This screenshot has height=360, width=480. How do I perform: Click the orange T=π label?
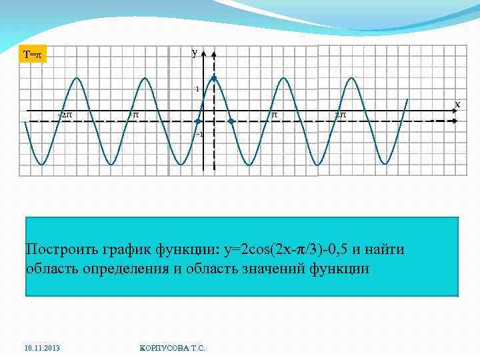point(32,55)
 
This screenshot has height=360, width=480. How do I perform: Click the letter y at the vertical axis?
point(194,52)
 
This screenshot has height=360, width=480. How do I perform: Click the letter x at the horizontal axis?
point(457,104)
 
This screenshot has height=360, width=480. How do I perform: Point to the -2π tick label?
point(65,115)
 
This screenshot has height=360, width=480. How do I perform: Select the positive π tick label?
point(273,115)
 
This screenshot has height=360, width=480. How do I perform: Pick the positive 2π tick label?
point(340,115)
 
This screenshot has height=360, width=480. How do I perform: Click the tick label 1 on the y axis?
point(197,89)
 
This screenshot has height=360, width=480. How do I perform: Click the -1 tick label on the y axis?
point(198,134)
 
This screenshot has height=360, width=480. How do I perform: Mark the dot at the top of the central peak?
point(213,78)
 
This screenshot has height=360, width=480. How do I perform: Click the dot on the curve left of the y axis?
point(197,121)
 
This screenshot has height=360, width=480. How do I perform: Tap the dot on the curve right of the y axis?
point(231,121)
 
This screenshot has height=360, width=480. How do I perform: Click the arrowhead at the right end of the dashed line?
point(453,121)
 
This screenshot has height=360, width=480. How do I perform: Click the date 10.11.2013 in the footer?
point(41,348)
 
